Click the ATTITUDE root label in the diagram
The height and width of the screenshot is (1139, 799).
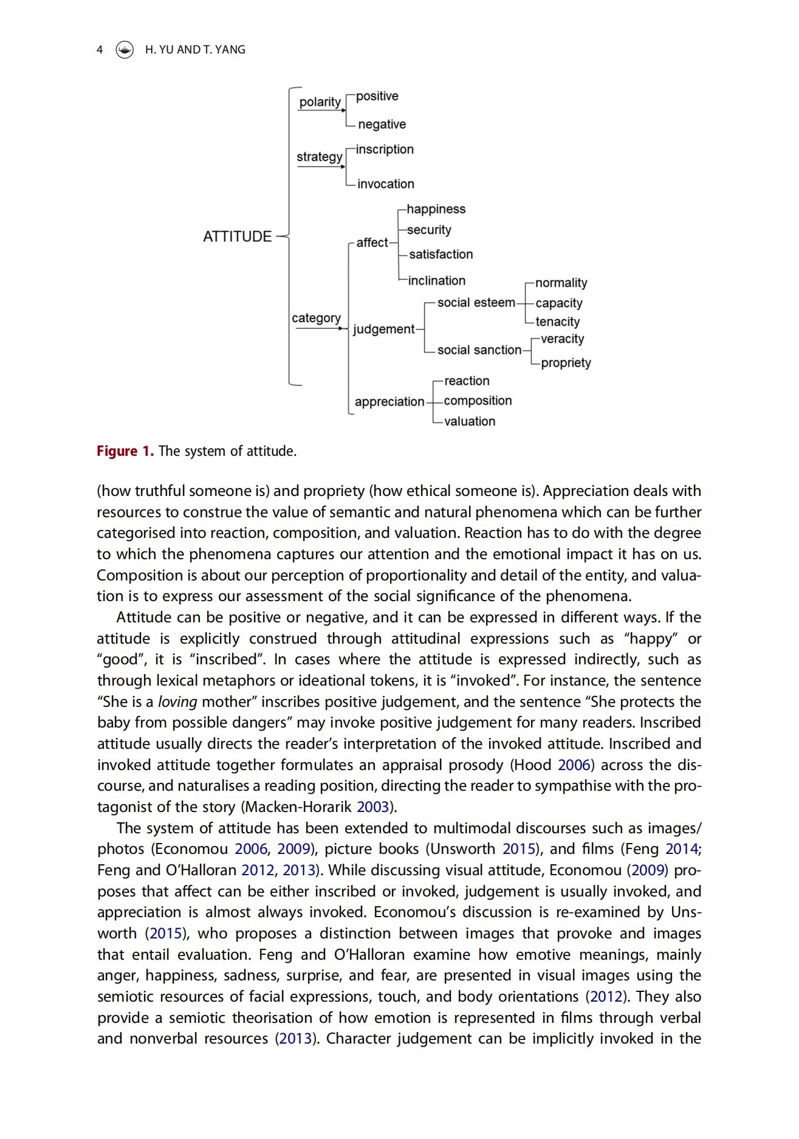[x=237, y=236]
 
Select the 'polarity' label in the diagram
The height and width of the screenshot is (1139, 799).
[x=320, y=102]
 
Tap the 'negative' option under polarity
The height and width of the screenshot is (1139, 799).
[x=382, y=125]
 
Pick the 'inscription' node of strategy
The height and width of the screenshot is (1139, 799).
[x=385, y=150]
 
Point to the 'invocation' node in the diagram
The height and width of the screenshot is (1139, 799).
[x=386, y=184]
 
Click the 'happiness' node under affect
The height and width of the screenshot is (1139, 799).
[x=436, y=209]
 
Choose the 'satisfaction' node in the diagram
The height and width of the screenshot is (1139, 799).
[x=441, y=255]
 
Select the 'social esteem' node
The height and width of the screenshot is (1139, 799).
[x=476, y=303]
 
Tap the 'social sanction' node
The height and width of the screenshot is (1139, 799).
[x=479, y=350]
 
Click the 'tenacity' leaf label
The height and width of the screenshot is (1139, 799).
[x=557, y=322]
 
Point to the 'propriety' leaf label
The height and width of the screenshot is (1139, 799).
[x=566, y=363]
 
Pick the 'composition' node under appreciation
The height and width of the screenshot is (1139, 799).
[x=478, y=401]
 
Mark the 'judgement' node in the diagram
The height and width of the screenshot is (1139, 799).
[x=383, y=329]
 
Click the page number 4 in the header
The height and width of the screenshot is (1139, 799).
[x=100, y=50]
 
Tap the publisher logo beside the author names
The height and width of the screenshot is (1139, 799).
[x=125, y=50]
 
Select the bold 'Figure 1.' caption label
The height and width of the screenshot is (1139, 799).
[x=125, y=451]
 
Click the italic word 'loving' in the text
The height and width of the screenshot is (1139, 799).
[x=177, y=702]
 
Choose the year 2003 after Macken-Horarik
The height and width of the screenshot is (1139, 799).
[x=372, y=807]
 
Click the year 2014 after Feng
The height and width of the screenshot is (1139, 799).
[x=681, y=849]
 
